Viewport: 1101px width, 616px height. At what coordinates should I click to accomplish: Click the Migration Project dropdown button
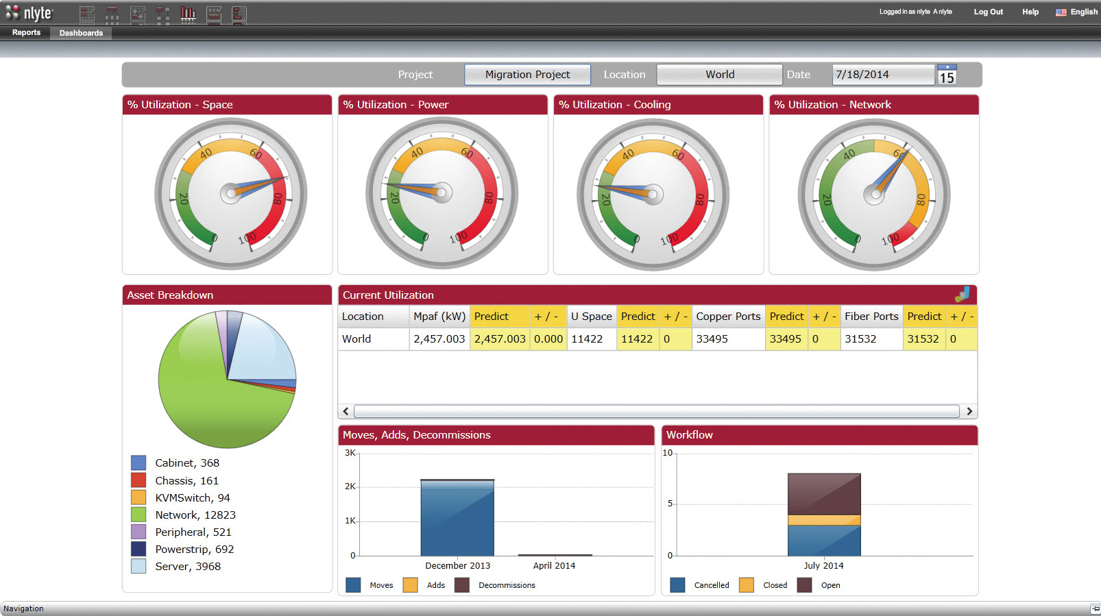tap(527, 75)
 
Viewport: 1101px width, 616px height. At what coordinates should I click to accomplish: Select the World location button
tap(719, 75)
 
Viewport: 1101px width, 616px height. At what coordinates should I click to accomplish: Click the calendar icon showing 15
tap(946, 75)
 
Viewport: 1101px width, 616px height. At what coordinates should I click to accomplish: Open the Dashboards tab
tap(81, 33)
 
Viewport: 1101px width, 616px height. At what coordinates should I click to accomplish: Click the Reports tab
tap(26, 32)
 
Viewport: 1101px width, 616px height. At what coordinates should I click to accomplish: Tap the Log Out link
tap(988, 12)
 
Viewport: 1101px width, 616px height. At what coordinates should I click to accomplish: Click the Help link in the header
tap(1030, 12)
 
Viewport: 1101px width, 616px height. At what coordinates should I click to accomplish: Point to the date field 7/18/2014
tap(882, 75)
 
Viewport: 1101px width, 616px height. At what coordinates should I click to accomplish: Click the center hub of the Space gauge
tap(230, 194)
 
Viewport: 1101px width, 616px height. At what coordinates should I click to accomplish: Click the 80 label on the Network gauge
tap(921, 199)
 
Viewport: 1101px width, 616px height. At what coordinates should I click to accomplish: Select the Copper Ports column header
tap(728, 316)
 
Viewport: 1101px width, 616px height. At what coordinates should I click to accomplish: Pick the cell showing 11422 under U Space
tap(587, 338)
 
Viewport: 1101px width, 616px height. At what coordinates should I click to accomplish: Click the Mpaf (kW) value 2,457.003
tap(439, 338)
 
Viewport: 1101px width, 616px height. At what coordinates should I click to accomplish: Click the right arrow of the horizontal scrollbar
tap(969, 411)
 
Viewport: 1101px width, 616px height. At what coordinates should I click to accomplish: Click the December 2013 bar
tap(457, 518)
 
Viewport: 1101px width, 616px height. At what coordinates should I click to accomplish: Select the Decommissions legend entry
tap(506, 585)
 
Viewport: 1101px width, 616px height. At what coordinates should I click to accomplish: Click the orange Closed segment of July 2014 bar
tap(824, 520)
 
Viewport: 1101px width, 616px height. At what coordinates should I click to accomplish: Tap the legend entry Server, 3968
tap(187, 567)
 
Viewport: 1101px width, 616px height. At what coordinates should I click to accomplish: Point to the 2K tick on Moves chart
tap(350, 486)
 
